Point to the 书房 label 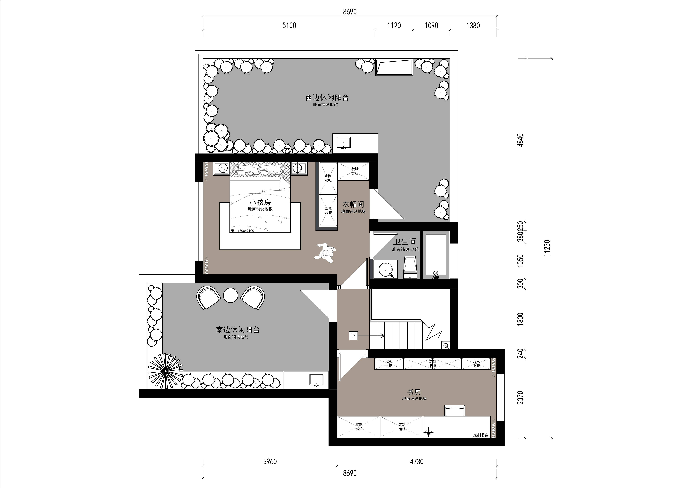(x=414, y=392)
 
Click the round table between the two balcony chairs (x=231, y=295)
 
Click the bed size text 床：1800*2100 (x=242, y=231)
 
